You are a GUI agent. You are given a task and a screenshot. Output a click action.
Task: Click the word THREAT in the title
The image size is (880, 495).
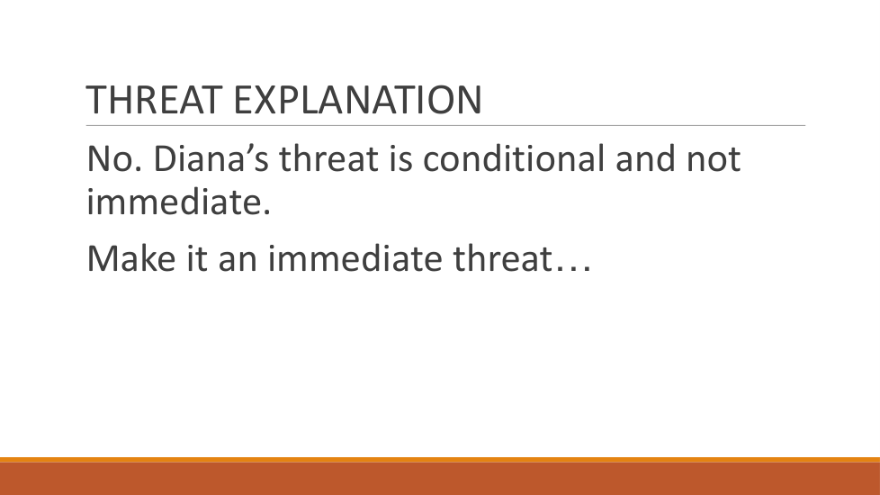tap(154, 100)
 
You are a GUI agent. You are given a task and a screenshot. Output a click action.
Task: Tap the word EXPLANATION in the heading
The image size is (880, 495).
tap(357, 100)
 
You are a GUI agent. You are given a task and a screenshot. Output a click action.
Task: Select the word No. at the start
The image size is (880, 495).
tap(114, 158)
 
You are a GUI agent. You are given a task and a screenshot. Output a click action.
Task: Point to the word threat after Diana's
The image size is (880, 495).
tap(328, 158)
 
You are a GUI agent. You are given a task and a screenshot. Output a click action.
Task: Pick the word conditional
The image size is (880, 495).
tap(514, 158)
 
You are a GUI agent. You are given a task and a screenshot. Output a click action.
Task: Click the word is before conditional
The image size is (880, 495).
tap(400, 158)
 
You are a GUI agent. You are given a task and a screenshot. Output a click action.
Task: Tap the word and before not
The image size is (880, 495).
tap(645, 158)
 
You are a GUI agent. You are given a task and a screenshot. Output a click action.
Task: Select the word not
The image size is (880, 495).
tap(714, 158)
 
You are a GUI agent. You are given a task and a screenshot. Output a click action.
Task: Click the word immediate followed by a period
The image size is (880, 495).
tap(178, 202)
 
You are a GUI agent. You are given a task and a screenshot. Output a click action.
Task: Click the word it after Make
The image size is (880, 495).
tap(197, 258)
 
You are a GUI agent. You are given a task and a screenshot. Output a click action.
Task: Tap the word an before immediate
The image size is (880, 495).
tap(238, 258)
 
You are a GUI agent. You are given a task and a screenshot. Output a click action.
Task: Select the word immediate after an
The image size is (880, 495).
tap(355, 258)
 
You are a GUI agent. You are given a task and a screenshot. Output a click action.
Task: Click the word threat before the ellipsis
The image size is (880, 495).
tap(502, 258)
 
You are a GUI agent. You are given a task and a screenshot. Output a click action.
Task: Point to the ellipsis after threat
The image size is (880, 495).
tap(572, 269)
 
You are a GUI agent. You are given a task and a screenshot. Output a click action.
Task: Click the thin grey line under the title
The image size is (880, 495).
tap(445, 126)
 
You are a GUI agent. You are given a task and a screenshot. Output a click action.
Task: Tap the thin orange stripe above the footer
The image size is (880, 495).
tap(440, 460)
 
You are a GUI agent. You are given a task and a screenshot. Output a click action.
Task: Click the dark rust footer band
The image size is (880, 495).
tap(440, 479)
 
